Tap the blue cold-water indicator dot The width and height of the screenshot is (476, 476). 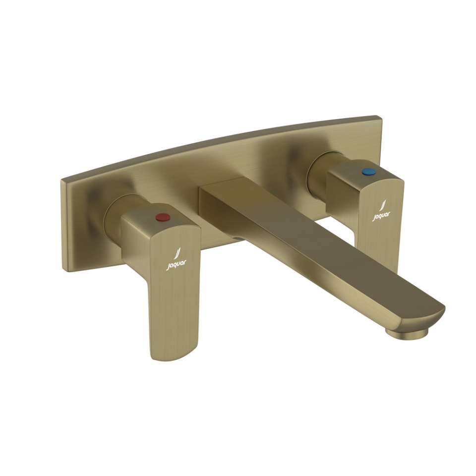tap(365, 172)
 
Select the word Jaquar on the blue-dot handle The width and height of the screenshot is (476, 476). tap(381, 216)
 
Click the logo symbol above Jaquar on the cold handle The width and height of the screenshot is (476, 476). tap(383, 206)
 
